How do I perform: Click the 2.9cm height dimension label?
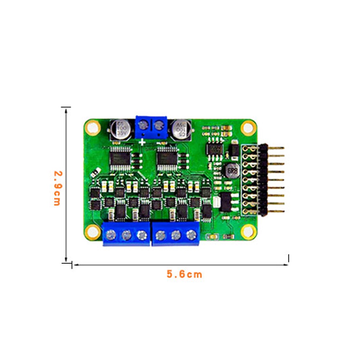57,187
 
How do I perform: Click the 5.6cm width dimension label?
184,274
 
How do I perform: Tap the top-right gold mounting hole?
248,127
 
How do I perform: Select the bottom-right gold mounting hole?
248,231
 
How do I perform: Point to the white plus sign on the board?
143,142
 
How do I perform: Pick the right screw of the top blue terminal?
159,125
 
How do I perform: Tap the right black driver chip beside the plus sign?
167,158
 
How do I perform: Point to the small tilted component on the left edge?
96,171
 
